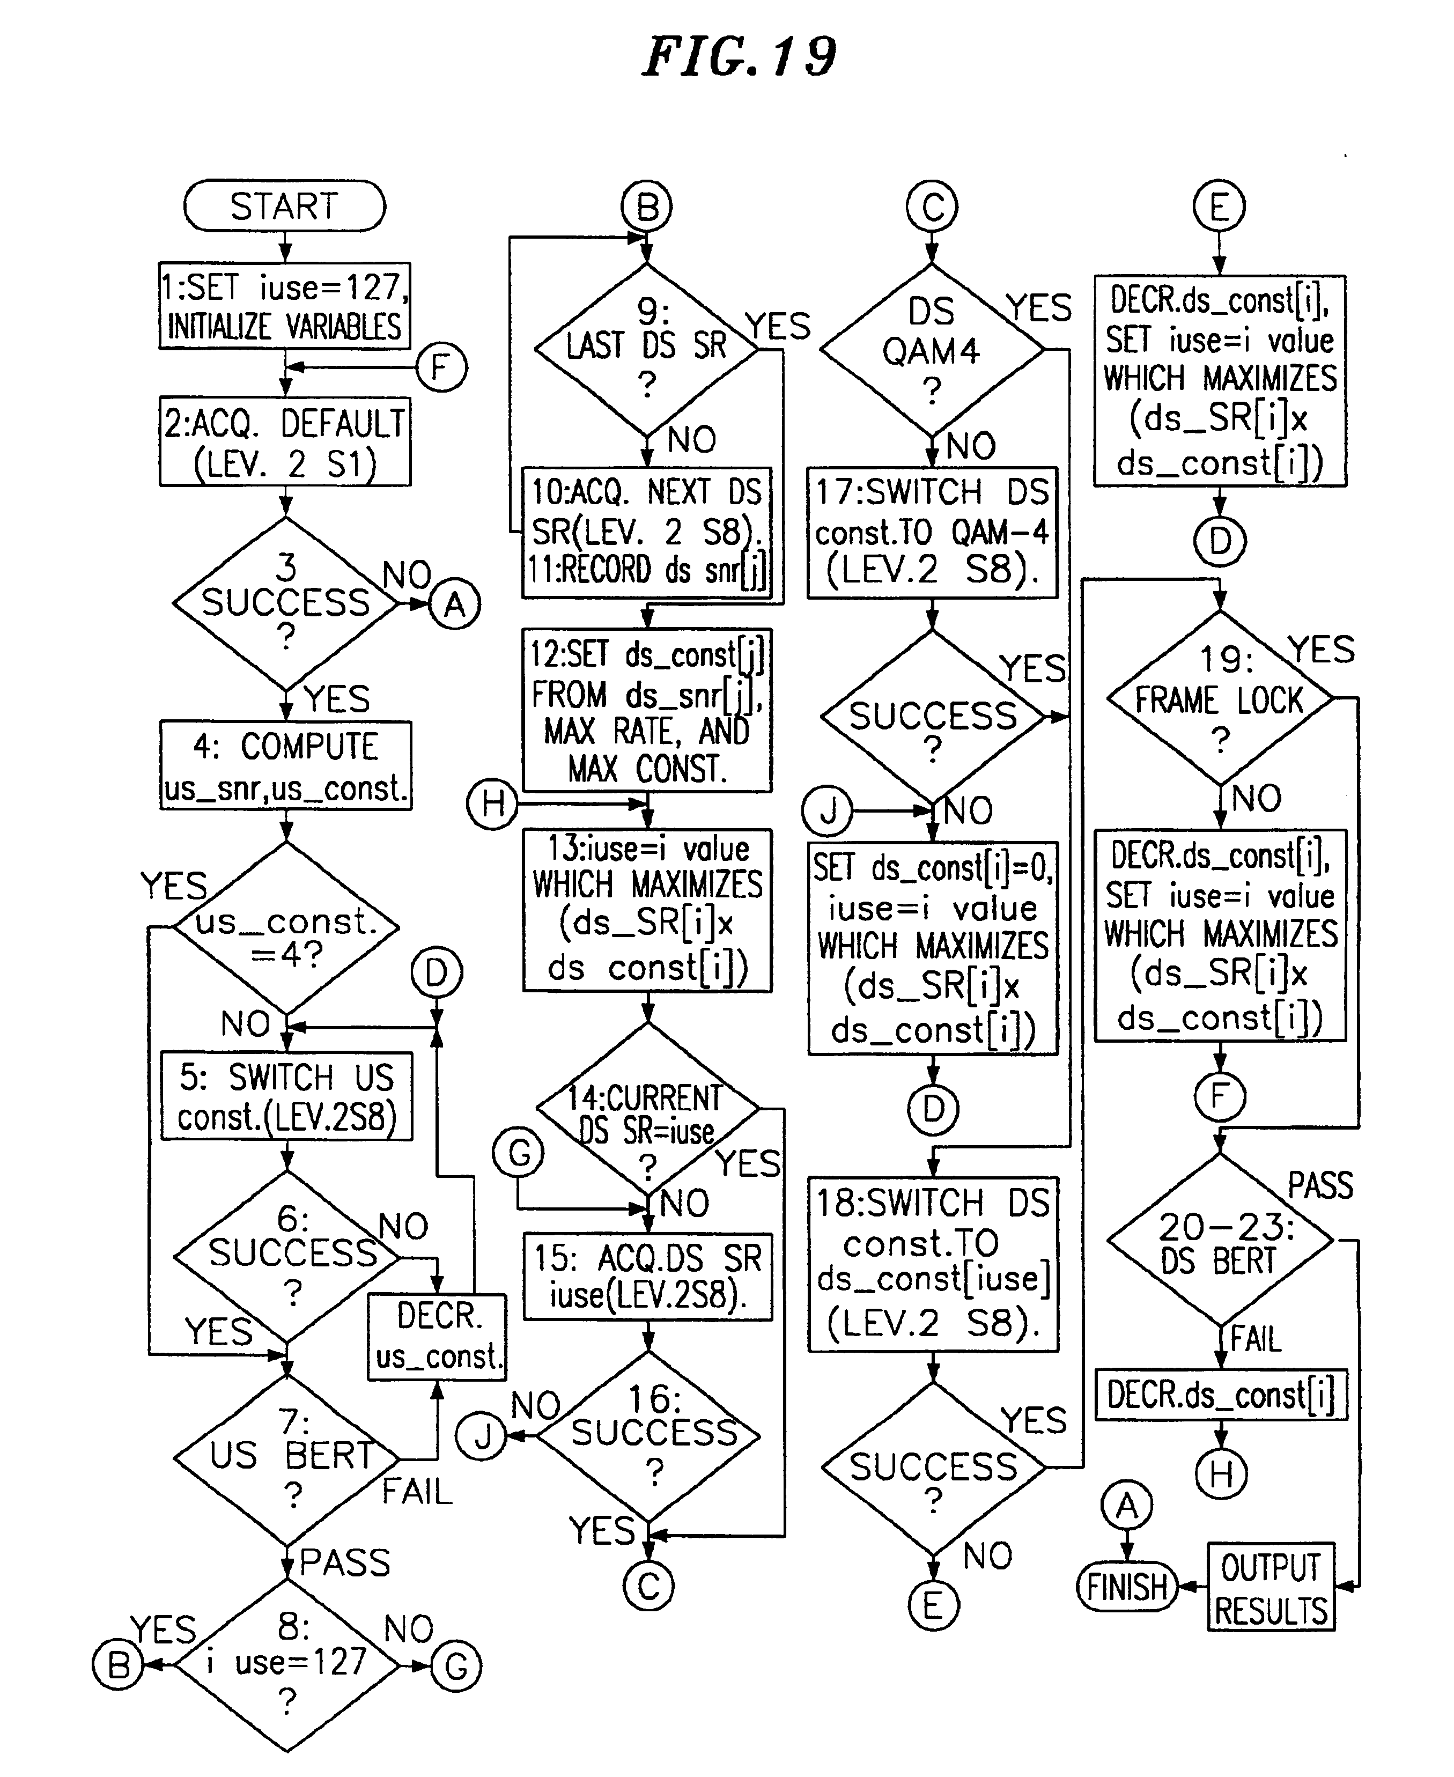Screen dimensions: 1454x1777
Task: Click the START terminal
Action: tap(285, 206)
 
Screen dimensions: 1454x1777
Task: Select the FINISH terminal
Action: tap(1126, 1586)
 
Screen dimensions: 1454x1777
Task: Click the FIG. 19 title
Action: tap(739, 57)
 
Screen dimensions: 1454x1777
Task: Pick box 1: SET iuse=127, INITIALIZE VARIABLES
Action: tap(285, 306)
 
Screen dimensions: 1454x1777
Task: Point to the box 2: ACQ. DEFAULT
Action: tap(285, 442)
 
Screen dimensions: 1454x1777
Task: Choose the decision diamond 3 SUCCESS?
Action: tap(286, 603)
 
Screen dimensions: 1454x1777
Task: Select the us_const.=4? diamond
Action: tap(286, 927)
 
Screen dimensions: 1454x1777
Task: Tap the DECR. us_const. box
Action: tap(437, 1337)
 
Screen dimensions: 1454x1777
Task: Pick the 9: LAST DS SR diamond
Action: tap(647, 350)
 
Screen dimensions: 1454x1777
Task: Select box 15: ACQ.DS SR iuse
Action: tap(647, 1276)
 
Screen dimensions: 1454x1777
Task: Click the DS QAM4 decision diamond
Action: tap(932, 350)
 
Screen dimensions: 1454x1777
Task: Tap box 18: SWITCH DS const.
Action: tap(933, 1265)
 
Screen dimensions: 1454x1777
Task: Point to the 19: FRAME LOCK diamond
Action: tap(1220, 698)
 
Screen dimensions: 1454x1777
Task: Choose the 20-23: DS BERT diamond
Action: tap(1220, 1240)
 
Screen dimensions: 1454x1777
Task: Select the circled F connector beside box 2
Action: tap(441, 367)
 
